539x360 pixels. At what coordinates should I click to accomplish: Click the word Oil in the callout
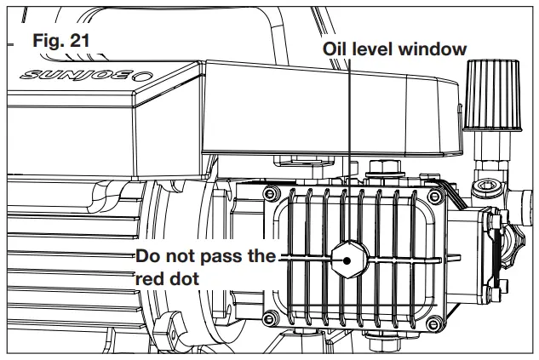point(336,49)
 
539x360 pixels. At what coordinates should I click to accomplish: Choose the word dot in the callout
point(185,277)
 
